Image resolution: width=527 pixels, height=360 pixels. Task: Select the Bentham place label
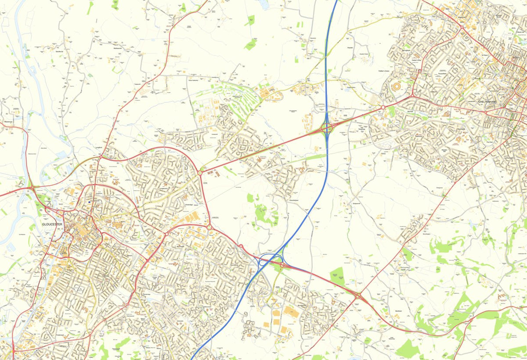point(398,310)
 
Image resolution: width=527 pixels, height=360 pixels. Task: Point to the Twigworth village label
point(137,83)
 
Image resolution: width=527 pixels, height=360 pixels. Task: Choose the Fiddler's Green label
point(384,70)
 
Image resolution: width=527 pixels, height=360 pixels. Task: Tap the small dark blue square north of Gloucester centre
point(90,202)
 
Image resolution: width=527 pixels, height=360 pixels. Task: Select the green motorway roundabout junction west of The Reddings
point(327,128)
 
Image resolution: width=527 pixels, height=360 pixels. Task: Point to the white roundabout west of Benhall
point(383,107)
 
